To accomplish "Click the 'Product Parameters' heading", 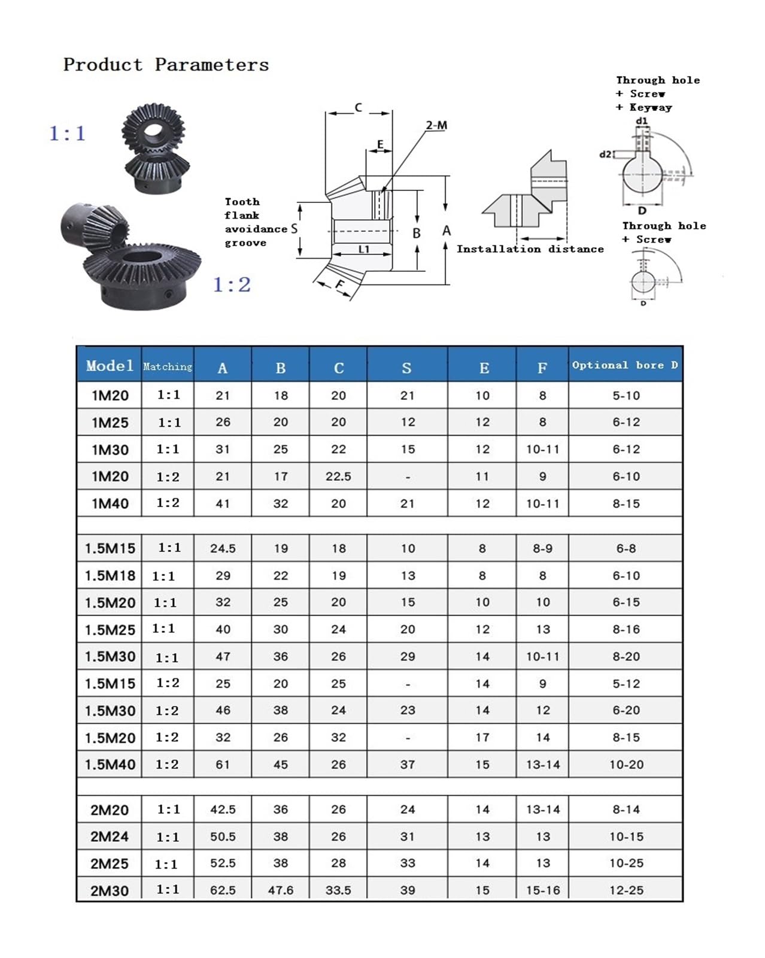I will [x=166, y=65].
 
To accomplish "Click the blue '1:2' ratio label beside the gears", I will [x=232, y=284].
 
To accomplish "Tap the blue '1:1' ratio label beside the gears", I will [x=67, y=133].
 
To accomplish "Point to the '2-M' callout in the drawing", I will [x=436, y=125].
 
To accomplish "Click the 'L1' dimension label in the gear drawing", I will [x=364, y=249].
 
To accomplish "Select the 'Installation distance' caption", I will [x=530, y=249].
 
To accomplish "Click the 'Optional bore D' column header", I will [x=625, y=365].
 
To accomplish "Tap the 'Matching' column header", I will [x=168, y=366].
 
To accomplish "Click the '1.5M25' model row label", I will [x=110, y=629].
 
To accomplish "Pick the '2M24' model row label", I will [x=110, y=836].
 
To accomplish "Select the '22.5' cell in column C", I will [x=338, y=477].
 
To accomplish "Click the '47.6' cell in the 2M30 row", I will [x=281, y=890].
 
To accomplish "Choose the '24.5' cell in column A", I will [x=223, y=548].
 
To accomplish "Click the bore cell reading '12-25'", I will [x=626, y=890].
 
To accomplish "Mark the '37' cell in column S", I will [x=407, y=765].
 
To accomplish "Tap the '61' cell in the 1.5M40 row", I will [x=223, y=765].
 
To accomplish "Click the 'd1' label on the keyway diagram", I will [x=642, y=121].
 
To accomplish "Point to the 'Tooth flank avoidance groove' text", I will [x=256, y=222].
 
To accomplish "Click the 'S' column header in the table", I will [x=406, y=368].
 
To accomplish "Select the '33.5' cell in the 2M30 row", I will [x=338, y=890].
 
